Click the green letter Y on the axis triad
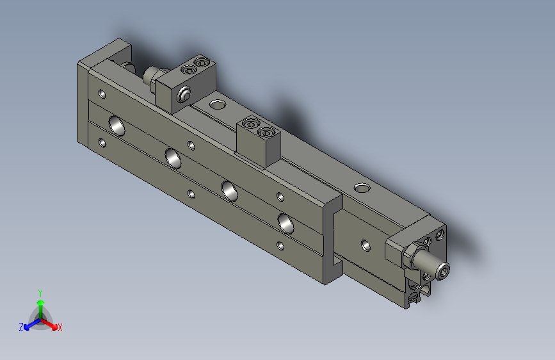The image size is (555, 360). [x=40, y=292]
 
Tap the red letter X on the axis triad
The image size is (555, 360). [x=60, y=328]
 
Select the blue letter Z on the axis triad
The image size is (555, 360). [x=21, y=327]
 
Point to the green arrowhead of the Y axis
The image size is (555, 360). [x=40, y=302]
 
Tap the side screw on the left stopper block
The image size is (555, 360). [x=185, y=95]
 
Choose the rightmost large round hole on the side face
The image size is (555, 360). [x=286, y=222]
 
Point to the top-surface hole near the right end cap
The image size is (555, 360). [x=362, y=188]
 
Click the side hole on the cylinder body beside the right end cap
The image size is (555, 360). [x=365, y=245]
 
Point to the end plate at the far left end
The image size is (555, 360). [x=83, y=102]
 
